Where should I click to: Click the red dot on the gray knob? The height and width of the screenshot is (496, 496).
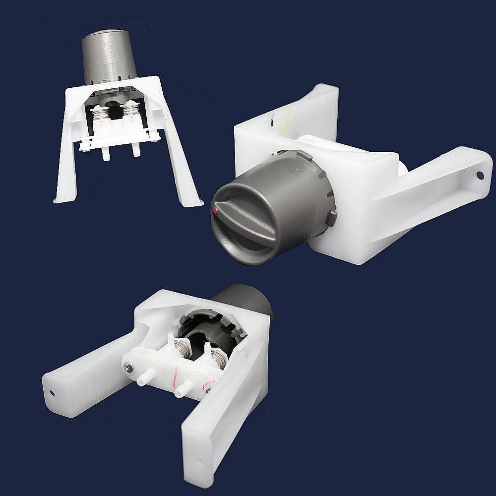pos(215,211)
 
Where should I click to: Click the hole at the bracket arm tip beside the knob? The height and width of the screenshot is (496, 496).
pos(480,175)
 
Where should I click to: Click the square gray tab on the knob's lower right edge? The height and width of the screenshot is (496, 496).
pos(331,217)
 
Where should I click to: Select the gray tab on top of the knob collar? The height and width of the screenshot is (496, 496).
pos(305,155)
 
